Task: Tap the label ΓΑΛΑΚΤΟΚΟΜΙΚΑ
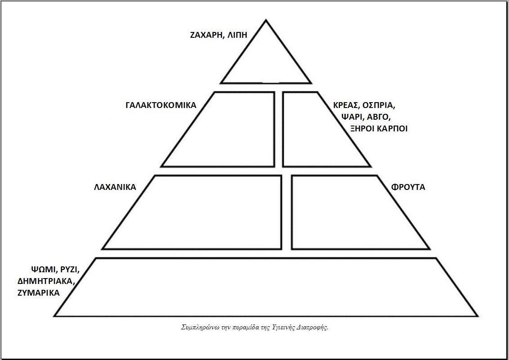point(161,105)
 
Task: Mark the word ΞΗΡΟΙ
point(363,128)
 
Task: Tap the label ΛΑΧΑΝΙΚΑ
point(115,187)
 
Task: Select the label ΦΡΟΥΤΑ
point(408,187)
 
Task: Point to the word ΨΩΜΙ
point(43,270)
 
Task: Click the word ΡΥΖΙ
point(69,270)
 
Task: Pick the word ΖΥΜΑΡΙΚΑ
point(39,292)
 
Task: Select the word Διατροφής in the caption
point(313,327)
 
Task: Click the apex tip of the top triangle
point(266,21)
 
